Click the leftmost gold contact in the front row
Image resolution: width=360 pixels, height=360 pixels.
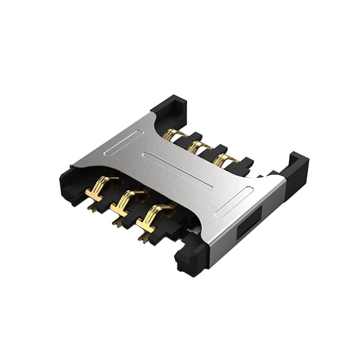point(102,188)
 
